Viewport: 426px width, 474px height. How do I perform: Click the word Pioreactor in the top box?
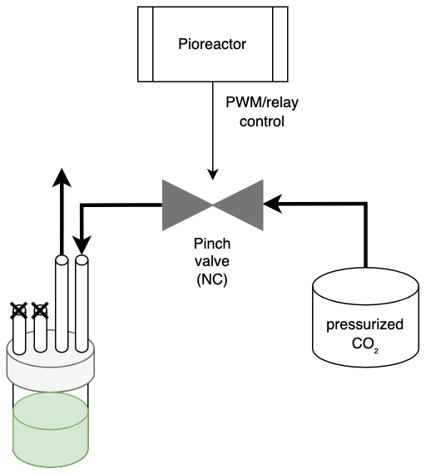pos(212,44)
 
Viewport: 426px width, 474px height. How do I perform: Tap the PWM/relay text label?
pos(262,103)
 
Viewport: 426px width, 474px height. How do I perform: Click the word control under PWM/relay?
pos(262,121)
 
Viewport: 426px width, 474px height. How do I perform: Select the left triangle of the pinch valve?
pos(187,205)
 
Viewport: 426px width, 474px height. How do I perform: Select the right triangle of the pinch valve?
pos(238,205)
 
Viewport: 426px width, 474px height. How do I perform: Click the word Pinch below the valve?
pos(212,244)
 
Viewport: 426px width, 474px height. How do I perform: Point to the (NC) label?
pos(212,280)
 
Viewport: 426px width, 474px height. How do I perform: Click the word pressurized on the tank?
pos(365,325)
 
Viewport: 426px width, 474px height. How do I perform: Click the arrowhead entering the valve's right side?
pos(272,204)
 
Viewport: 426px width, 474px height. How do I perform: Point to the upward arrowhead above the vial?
pos(62,178)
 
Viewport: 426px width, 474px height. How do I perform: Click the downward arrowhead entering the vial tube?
pos(82,244)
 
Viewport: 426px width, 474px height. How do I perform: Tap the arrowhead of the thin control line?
pos(213,175)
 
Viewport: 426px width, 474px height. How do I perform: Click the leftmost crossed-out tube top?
pos(19,311)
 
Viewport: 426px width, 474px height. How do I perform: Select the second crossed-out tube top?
pos(40,311)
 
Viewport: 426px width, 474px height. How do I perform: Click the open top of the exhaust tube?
pos(62,260)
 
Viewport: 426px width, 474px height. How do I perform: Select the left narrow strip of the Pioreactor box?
pos(146,44)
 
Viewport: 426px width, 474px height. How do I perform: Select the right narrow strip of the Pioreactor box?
pos(280,44)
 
